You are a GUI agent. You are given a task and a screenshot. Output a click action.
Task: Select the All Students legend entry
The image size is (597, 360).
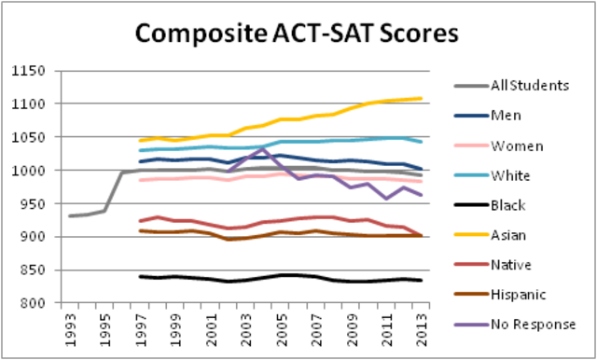pos(529,86)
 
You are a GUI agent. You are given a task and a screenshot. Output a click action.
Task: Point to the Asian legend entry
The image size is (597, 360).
pos(507,235)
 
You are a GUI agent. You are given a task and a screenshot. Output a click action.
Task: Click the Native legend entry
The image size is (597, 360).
pos(510,265)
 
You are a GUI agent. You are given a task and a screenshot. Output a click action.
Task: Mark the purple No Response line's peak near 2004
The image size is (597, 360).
pos(264,148)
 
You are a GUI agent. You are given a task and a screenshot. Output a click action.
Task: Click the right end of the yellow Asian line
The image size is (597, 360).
pos(448,98)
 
